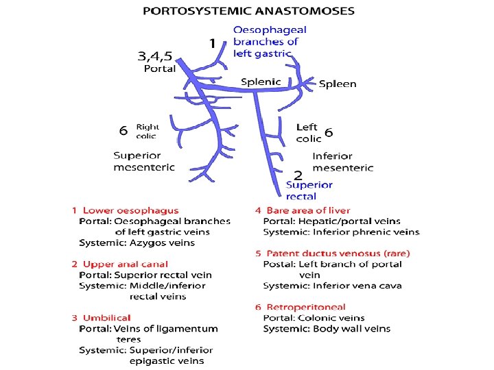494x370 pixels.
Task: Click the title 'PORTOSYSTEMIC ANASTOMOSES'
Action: pos(248,11)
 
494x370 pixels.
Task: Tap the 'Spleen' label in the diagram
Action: pos(338,84)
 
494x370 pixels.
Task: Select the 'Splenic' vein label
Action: pos(261,82)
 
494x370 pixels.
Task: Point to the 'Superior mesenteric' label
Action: pos(144,161)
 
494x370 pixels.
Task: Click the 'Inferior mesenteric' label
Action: pos(343,162)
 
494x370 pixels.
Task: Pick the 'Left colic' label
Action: pos(307,133)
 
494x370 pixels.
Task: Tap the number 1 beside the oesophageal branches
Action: pos(213,43)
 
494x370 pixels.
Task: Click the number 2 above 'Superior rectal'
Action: pos(298,175)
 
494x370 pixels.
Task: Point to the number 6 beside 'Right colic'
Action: pos(123,130)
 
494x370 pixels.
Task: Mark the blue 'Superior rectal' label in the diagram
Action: pos(309,190)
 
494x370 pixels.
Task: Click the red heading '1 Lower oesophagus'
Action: pos(125,210)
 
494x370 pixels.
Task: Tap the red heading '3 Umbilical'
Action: pos(101,318)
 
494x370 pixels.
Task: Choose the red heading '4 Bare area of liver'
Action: pos(303,210)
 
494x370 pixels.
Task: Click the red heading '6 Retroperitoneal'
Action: pos(301,307)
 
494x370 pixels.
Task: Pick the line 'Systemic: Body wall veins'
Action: pos(327,328)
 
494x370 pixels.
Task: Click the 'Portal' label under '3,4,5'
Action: pos(159,69)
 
